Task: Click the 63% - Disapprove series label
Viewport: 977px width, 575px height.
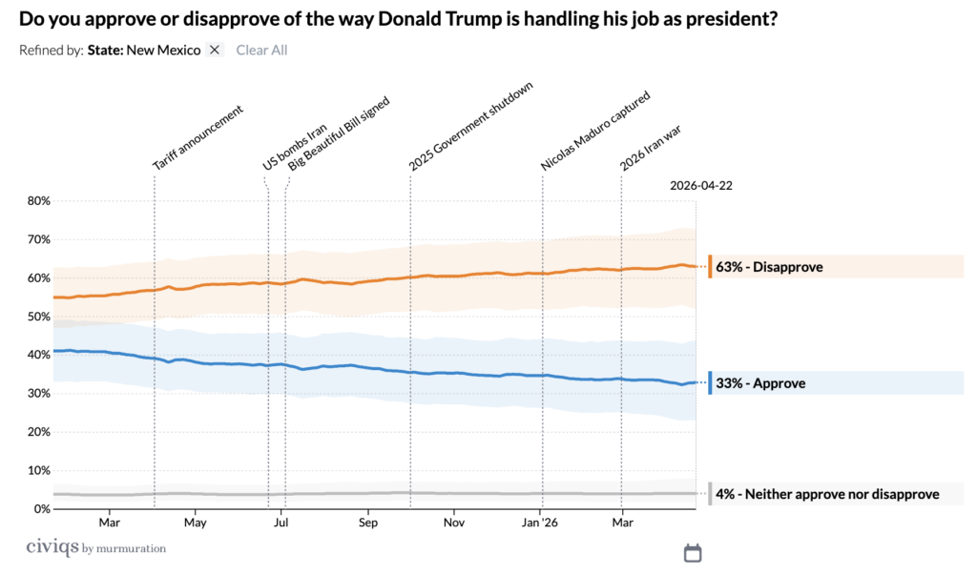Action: tap(769, 267)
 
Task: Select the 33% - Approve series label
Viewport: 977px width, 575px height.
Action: tap(760, 383)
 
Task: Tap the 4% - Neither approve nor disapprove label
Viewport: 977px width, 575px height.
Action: tap(827, 494)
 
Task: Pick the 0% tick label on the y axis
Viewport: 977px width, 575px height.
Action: tap(42, 509)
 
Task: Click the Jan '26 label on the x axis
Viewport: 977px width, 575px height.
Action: tap(541, 523)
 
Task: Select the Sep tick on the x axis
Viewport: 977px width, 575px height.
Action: tap(368, 523)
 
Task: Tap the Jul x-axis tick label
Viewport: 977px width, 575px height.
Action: tap(281, 523)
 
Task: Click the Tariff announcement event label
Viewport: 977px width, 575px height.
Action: tap(198, 137)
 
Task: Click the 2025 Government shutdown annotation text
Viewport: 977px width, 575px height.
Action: tap(469, 126)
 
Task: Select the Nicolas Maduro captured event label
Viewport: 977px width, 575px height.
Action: tap(594, 131)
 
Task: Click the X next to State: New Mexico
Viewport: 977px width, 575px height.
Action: tap(215, 50)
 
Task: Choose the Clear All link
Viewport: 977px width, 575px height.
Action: tap(261, 50)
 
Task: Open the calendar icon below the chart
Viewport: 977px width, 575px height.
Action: tap(694, 553)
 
